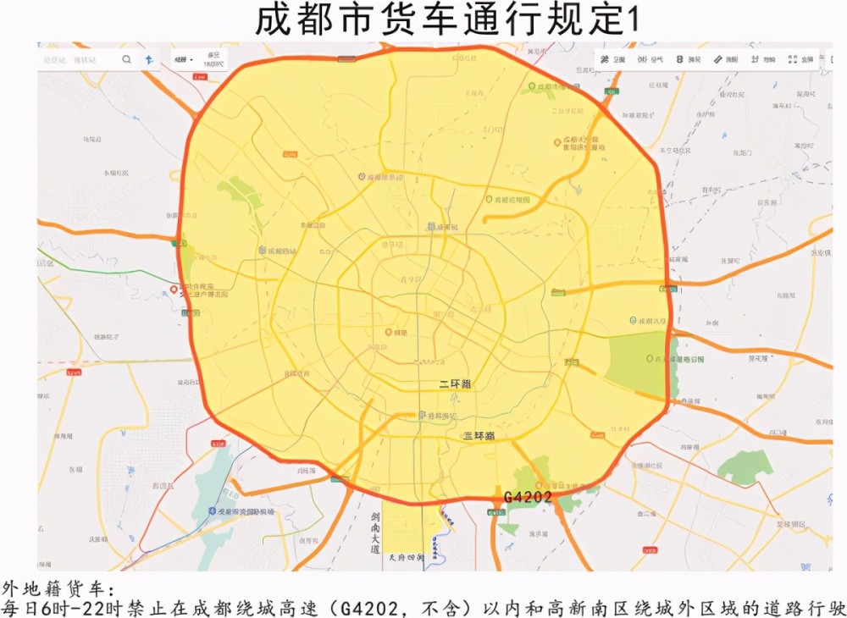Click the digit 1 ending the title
[x=630, y=21]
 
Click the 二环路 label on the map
[x=455, y=384]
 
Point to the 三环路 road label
[x=479, y=436]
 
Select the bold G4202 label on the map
[x=528, y=497]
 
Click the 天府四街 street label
[x=404, y=558]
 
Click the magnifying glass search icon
[x=126, y=59]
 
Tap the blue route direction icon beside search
[x=149, y=59]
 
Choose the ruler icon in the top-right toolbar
[x=719, y=59]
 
